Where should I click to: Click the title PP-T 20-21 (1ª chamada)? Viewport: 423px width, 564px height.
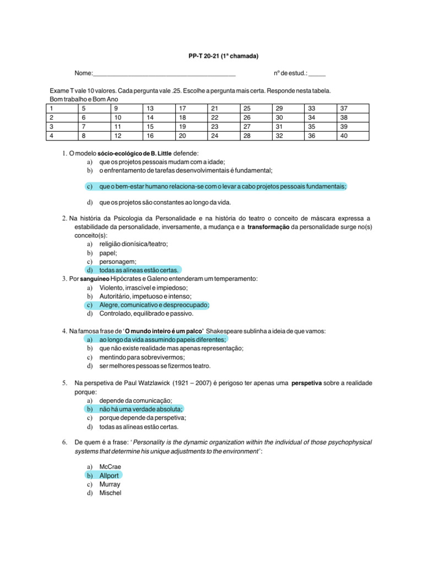(x=220, y=56)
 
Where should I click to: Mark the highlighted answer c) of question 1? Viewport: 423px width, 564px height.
(x=223, y=187)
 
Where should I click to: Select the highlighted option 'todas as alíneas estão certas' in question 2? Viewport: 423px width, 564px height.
(x=139, y=270)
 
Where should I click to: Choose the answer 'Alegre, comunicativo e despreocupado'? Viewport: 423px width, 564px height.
(x=154, y=305)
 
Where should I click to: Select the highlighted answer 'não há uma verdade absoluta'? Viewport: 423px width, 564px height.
(x=140, y=409)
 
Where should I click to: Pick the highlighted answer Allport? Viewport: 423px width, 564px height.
(x=109, y=475)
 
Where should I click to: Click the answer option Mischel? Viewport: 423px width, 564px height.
(x=110, y=493)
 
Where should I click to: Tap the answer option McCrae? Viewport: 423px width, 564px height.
(x=110, y=467)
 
